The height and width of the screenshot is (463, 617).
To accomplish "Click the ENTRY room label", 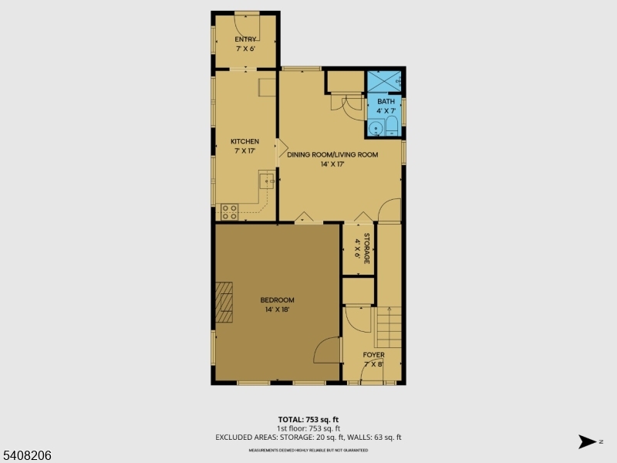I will pos(245,39).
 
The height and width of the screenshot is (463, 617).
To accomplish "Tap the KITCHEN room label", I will pos(244,141).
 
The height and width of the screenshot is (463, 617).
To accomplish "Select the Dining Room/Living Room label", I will pos(332,154).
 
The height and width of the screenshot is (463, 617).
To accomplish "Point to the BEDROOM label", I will pos(277,300).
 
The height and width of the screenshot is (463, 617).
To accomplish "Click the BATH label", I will pos(386,101).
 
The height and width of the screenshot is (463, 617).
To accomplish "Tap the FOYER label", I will pos(373,355).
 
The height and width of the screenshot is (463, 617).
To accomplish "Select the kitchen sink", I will pos(267,181).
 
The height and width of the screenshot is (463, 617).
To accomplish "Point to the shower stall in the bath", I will pos(384,79).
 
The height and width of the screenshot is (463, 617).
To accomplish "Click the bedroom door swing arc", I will pos(328,349).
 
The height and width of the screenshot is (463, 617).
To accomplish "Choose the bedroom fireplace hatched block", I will pos(224,302).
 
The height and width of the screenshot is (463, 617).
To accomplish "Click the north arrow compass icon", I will pos(588,441).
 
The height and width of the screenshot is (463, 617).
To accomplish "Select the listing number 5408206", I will pos(27,455).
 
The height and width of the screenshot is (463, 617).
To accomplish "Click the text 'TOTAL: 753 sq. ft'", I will pos(308,420).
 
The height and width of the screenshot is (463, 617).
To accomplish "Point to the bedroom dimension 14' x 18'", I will pos(277,309).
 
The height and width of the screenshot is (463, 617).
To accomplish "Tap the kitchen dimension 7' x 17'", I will pos(244,150).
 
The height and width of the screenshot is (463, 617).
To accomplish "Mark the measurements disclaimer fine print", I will pos(308,449).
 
